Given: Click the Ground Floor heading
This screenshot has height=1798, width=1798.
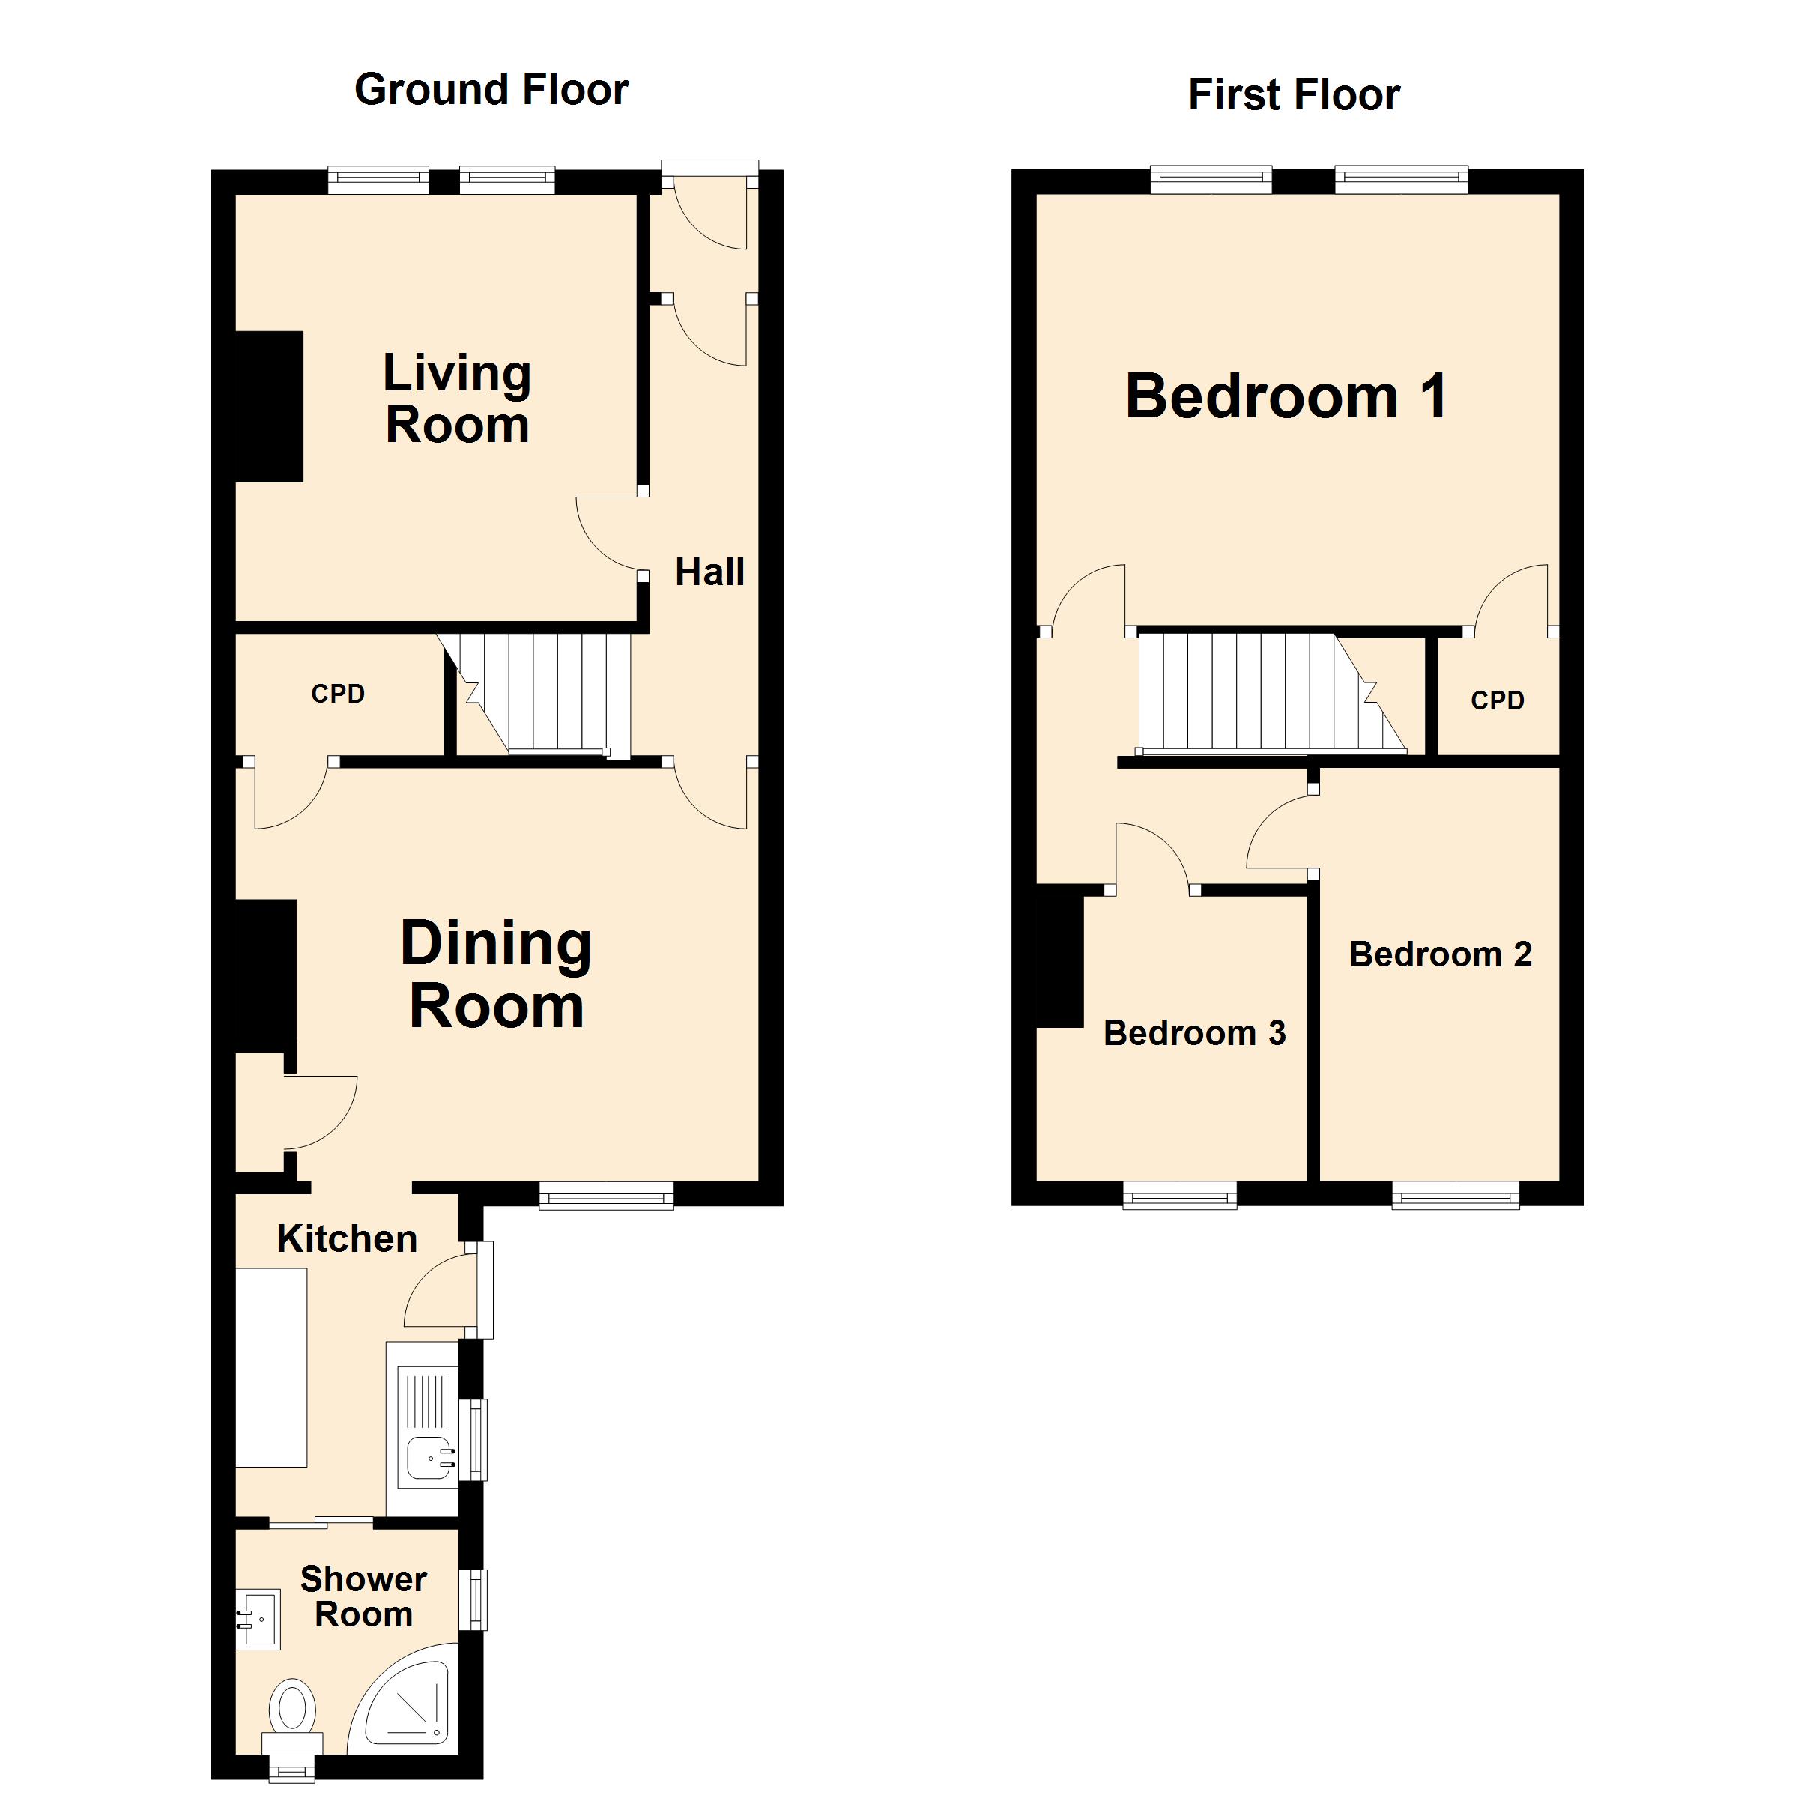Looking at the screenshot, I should tap(491, 90).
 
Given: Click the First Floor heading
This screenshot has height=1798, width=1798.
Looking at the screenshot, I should tap(1294, 95).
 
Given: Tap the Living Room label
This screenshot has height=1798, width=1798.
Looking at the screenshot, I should tap(457, 399).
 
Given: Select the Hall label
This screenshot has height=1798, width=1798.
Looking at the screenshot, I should tap(709, 572).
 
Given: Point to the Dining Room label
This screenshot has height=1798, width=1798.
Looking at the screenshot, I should tap(496, 975).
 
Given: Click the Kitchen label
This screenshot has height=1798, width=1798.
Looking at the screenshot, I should tap(346, 1238).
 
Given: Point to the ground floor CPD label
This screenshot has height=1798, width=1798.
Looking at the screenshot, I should tap(338, 693).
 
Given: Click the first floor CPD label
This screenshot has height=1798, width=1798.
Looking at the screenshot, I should tap(1498, 700).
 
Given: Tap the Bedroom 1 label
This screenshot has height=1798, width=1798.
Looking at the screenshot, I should tap(1286, 396).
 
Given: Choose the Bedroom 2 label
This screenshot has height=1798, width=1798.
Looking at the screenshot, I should tap(1440, 954).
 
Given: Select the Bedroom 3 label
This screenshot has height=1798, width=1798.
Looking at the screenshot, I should tap(1194, 1032).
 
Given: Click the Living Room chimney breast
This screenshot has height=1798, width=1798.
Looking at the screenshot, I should tap(269, 407).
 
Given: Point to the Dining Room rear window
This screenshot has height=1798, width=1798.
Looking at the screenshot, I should tap(606, 1195).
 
